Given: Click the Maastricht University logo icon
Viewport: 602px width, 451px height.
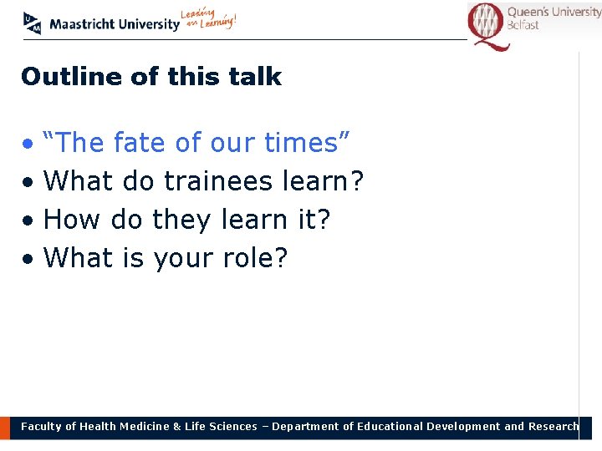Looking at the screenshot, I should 32,23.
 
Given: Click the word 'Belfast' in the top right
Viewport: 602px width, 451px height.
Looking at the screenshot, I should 523,25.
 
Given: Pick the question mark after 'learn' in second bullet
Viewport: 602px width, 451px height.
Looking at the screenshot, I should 357,181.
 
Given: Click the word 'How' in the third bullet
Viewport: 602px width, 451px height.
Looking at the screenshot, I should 69,220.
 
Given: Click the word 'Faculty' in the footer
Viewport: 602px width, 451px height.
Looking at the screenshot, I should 41,427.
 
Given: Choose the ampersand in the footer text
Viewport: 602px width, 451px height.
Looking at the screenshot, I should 176,427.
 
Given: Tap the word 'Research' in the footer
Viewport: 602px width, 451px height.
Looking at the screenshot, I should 553,427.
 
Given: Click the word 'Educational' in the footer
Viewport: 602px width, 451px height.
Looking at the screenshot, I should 390,427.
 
